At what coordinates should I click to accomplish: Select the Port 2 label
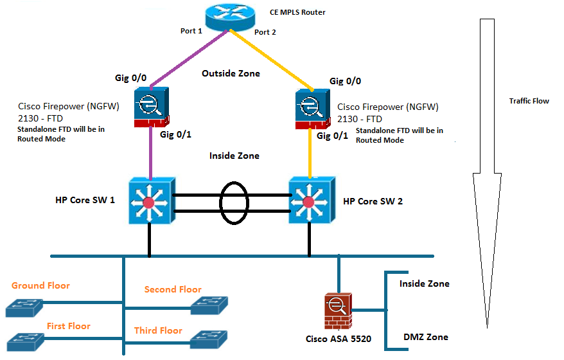coord(265,32)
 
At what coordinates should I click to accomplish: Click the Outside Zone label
coord(231,73)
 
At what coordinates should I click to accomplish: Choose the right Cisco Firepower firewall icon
coord(312,108)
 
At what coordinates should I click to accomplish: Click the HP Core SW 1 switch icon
coord(150,201)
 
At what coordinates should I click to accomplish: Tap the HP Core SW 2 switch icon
coord(310,201)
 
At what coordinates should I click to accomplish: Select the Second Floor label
coord(173,289)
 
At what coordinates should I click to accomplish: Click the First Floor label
coord(68,326)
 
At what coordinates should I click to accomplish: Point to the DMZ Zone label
coord(425,337)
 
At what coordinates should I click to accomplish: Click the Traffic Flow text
coord(529,101)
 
